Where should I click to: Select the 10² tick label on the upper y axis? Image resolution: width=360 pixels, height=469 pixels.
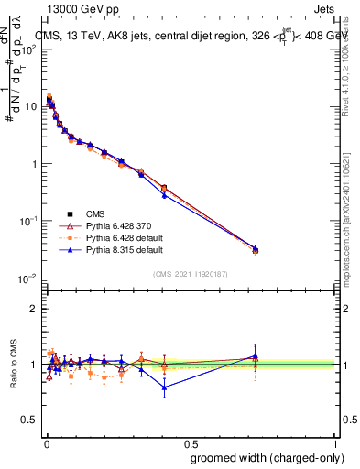pyautogui.click(x=30, y=49)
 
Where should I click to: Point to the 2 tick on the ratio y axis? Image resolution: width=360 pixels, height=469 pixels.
pyautogui.click(x=35, y=309)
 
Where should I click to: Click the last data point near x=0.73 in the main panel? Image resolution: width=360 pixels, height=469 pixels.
pyautogui.click(x=256, y=249)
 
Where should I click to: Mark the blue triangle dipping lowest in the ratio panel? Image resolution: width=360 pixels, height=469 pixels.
pyautogui.click(x=164, y=387)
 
